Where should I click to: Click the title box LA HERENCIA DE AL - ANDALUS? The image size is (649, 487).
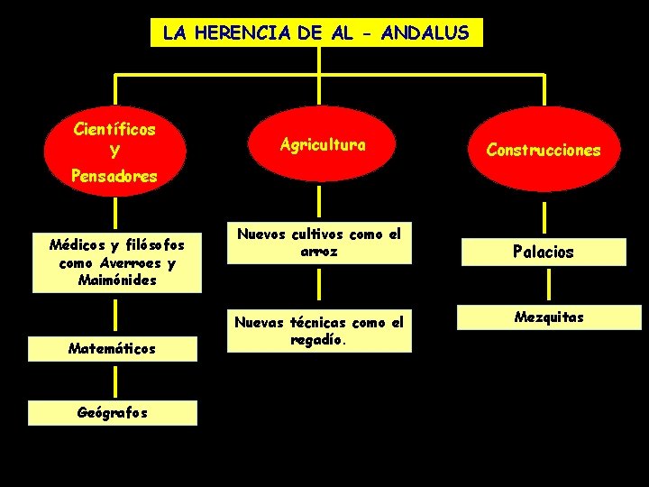click(316, 33)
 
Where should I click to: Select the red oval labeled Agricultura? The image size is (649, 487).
click(322, 145)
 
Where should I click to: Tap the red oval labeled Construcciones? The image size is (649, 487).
click(544, 151)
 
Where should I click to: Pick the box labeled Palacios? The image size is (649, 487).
click(544, 252)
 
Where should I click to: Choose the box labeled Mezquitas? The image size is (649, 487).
click(548, 317)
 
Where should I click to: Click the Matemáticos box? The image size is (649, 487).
click(113, 348)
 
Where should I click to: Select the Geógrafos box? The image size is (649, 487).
click(113, 412)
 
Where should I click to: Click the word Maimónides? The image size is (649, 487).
click(117, 280)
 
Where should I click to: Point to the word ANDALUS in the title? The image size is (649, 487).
click(425, 33)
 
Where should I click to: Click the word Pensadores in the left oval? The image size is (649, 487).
click(114, 176)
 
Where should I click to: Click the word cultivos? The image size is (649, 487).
click(313, 234)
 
